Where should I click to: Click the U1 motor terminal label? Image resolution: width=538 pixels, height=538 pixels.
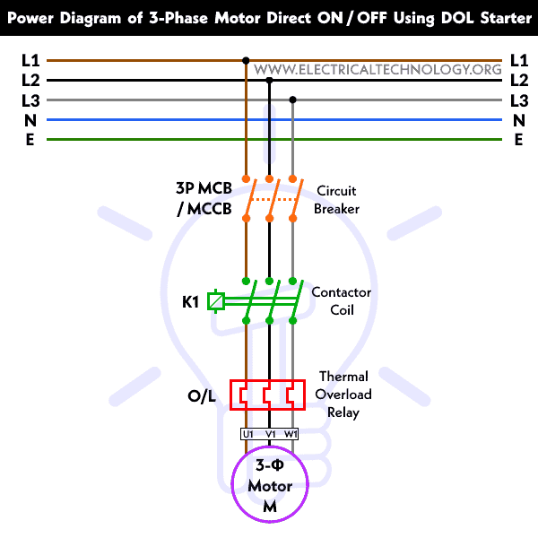click(x=247, y=434)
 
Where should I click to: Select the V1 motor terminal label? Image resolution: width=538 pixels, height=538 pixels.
click(x=269, y=434)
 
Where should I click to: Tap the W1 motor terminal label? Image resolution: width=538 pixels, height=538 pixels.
click(x=291, y=434)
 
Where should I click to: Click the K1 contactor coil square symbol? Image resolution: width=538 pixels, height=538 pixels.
click(x=216, y=301)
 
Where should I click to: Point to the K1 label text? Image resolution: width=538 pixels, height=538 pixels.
click(x=190, y=302)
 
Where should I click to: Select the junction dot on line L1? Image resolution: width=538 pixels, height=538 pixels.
click(x=246, y=61)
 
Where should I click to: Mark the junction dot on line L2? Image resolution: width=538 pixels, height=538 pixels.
click(x=269, y=81)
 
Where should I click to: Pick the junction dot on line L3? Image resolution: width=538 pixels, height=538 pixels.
click(x=292, y=100)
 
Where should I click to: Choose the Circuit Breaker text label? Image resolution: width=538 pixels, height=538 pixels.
click(x=336, y=199)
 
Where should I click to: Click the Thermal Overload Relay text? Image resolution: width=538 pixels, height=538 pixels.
click(x=345, y=395)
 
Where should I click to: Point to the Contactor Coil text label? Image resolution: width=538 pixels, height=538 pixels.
click(x=341, y=301)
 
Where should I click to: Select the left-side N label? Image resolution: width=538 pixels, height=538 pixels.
click(x=30, y=120)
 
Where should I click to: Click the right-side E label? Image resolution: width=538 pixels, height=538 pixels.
click(x=518, y=140)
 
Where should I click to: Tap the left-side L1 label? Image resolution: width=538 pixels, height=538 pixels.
click(x=30, y=61)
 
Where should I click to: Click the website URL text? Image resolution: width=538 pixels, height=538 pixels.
click(x=377, y=69)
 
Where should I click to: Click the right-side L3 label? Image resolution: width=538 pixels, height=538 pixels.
click(x=518, y=100)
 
